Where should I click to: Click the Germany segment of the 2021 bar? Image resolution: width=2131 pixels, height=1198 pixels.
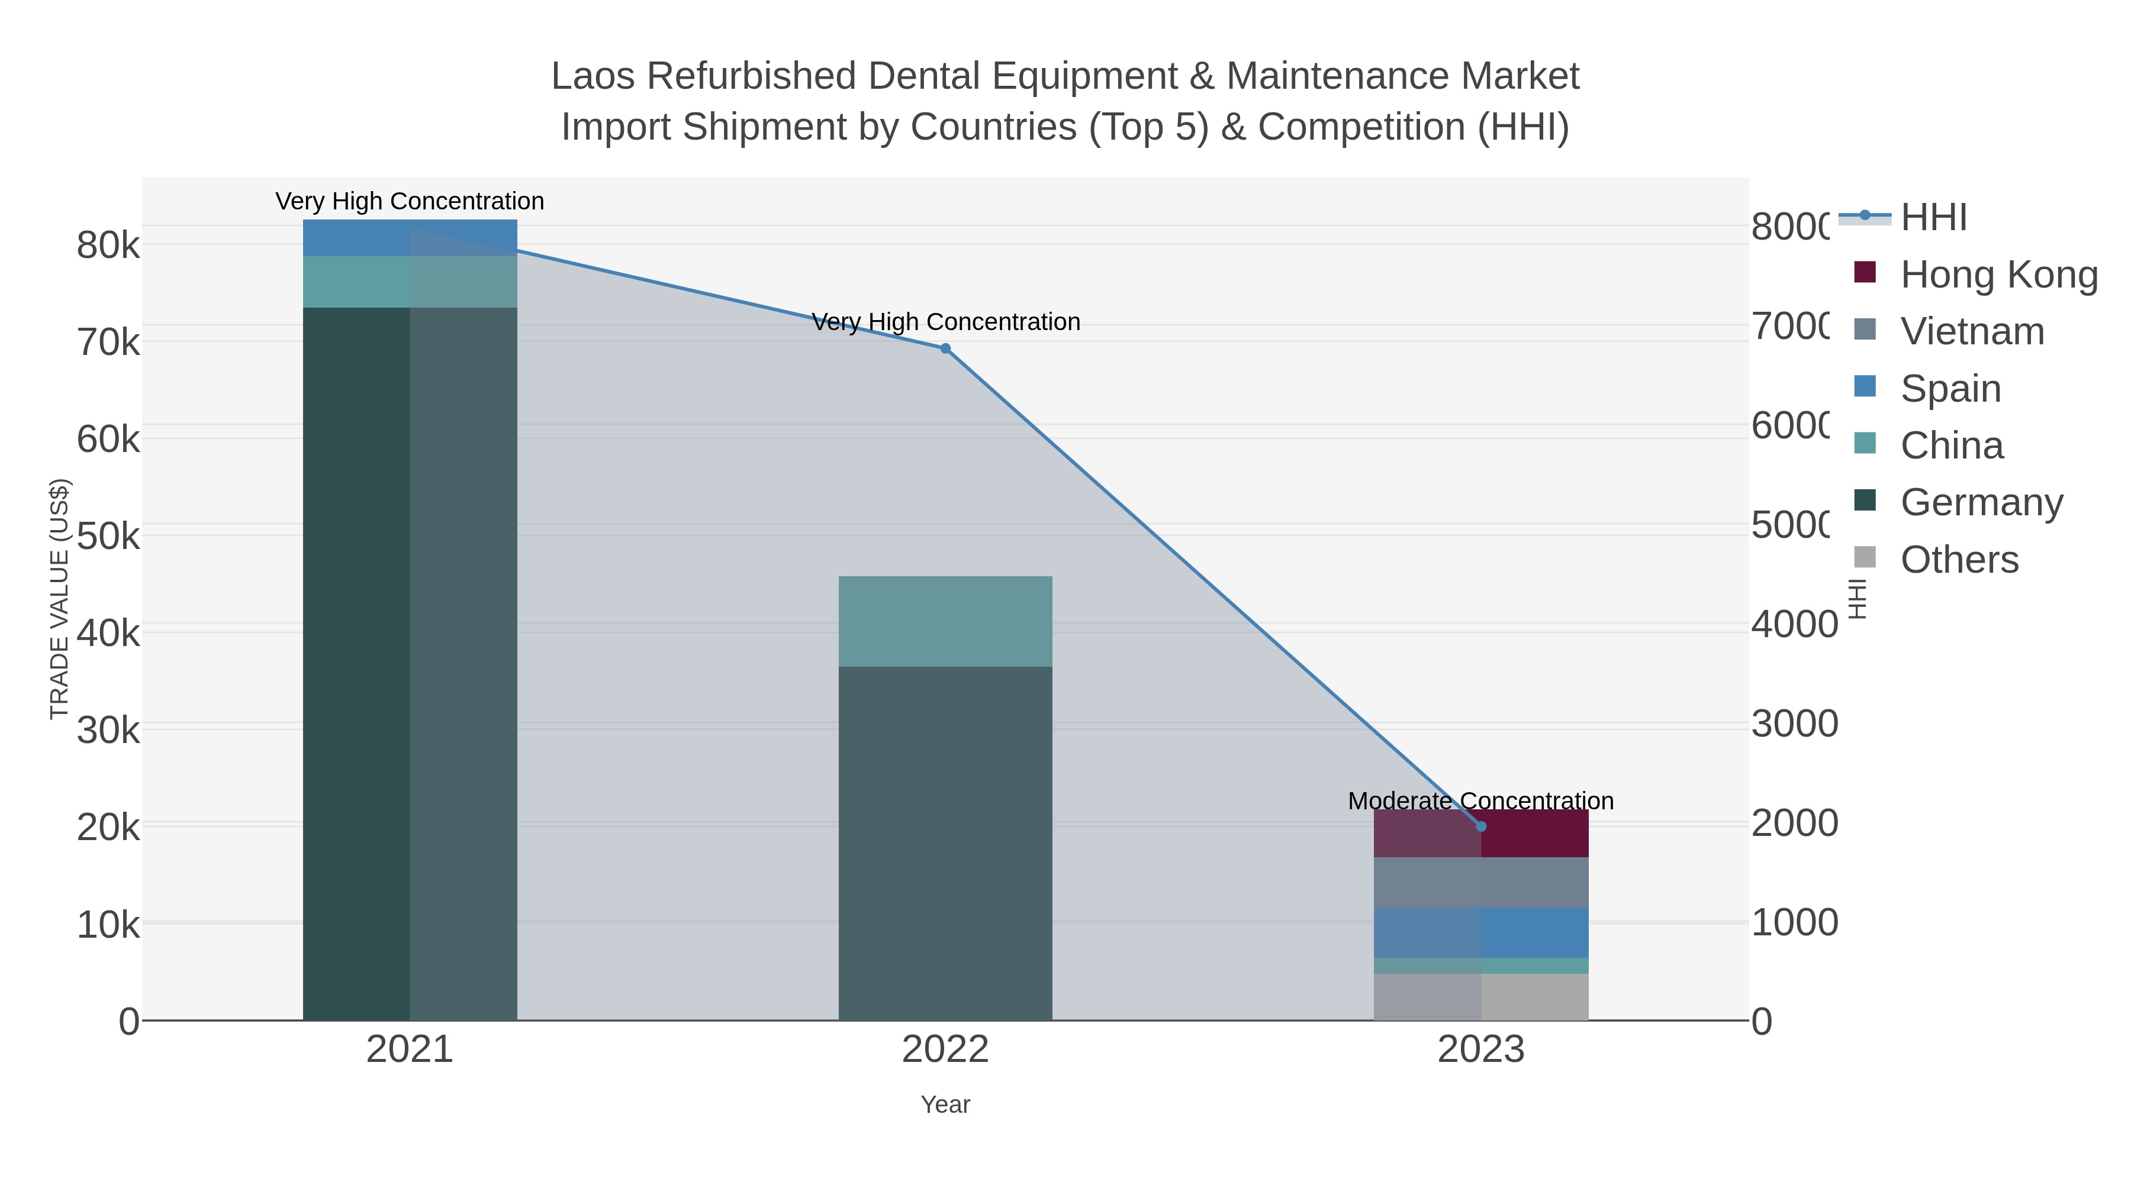pyautogui.click(x=410, y=661)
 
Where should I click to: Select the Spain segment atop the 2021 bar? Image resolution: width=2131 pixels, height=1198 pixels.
pyautogui.click(x=410, y=237)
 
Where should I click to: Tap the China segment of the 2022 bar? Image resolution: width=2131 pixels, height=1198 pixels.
pyautogui.click(x=945, y=621)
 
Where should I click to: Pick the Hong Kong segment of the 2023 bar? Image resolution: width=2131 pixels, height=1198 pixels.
pyautogui.click(x=1481, y=834)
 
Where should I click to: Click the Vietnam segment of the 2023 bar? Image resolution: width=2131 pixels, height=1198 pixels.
pyautogui.click(x=1481, y=882)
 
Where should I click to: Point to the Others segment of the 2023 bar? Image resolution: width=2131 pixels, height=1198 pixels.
pyautogui.click(x=1481, y=996)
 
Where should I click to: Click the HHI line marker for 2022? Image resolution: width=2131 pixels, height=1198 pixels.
pyautogui.click(x=945, y=348)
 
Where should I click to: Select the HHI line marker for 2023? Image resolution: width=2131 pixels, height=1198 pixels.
pyautogui.click(x=1481, y=826)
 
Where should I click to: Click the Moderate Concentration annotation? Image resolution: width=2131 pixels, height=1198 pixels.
pyautogui.click(x=1481, y=800)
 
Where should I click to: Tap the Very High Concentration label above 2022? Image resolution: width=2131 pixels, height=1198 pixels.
pyautogui.click(x=945, y=322)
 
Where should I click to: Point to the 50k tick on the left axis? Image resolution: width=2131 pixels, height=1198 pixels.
pyautogui.click(x=108, y=537)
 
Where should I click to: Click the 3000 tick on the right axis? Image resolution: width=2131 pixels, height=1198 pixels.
pyautogui.click(x=1794, y=724)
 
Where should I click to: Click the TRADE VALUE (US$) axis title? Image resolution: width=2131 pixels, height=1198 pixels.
pyautogui.click(x=60, y=599)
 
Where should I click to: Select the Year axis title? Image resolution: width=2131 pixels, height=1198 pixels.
pyautogui.click(x=945, y=1105)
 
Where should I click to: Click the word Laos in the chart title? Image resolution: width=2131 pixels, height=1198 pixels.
pyautogui.click(x=593, y=77)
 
